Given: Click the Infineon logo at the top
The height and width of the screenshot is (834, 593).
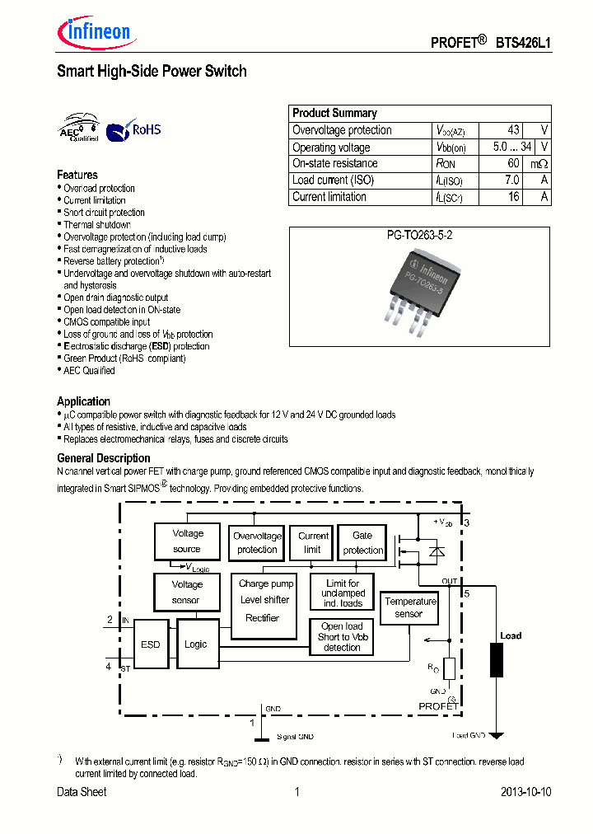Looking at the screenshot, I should click(x=93, y=32).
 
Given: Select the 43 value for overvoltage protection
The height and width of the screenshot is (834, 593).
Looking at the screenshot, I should click(x=513, y=130).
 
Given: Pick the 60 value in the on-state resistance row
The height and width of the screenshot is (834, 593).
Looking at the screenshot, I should click(x=513, y=163).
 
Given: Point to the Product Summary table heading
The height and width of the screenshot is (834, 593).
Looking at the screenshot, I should click(x=334, y=113).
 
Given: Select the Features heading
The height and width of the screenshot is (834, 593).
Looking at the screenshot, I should click(x=77, y=175).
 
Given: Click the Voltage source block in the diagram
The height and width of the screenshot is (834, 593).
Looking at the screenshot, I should click(x=187, y=541).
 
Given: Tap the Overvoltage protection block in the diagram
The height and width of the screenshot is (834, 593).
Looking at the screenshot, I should click(x=257, y=543).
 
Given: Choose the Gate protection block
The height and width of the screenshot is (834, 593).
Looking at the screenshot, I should click(x=362, y=543).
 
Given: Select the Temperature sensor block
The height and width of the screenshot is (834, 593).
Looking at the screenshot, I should click(x=409, y=607).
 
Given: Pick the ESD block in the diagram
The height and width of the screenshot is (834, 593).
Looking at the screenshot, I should click(x=151, y=644).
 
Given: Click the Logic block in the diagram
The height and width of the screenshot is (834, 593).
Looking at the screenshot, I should click(x=197, y=644).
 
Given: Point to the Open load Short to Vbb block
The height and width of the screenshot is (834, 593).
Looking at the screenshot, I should click(x=342, y=637).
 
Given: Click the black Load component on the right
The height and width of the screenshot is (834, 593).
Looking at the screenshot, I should click(x=497, y=660).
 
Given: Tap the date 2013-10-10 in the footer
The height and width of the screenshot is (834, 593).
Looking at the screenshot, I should click(x=525, y=792).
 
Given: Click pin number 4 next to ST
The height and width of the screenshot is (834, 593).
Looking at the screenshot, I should click(x=109, y=666).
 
